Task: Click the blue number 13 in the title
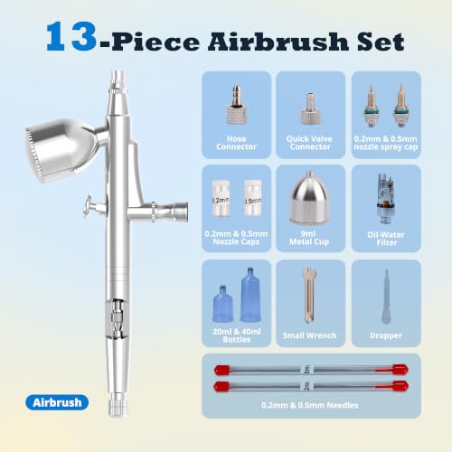pos(71,37)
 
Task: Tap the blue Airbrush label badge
pos(57,402)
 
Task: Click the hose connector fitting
pos(236,105)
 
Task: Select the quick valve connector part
pos(310,108)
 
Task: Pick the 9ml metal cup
pos(309,198)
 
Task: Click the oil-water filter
pos(386,199)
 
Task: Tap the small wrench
pos(309,296)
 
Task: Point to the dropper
pos(387,297)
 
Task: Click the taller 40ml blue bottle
pos(250,295)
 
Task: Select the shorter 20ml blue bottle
pos(223,304)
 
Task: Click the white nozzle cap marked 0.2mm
pos(221,198)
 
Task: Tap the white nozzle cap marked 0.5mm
pos(252,198)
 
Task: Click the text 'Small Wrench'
pos(309,335)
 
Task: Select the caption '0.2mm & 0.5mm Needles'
pos(310,405)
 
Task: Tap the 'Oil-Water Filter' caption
pos(386,239)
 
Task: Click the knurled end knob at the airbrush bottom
pos(118,405)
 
